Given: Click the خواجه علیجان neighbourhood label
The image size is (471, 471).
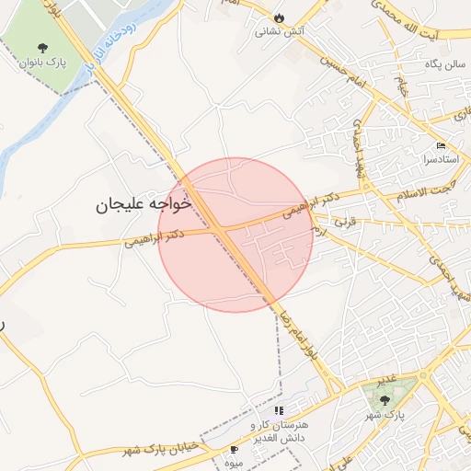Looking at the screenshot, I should pos(144,204).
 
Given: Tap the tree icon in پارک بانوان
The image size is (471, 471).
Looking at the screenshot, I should pos(41,47).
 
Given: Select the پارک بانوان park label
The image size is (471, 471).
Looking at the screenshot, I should pos(41,63).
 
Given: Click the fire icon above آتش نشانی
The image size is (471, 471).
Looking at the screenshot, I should pos(279,17).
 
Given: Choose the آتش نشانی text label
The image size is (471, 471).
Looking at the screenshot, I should pos(281,30).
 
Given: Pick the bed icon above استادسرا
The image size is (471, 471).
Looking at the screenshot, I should pos(440,146).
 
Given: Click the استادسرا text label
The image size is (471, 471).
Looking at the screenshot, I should pos(442,159).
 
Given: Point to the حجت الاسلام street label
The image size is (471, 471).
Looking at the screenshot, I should pos(422,190).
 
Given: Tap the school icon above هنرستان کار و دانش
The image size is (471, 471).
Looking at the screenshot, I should pos(279,410).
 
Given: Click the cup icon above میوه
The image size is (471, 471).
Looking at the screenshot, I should pos(234,449).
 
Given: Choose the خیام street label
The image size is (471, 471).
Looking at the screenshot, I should pos(401,90).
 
